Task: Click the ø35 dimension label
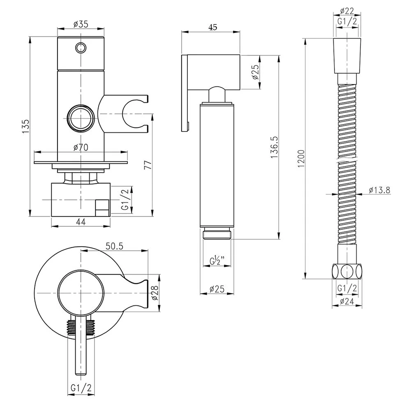(x=81, y=24)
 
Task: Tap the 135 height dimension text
(x=25, y=126)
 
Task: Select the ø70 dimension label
(x=81, y=147)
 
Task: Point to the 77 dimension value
(x=148, y=165)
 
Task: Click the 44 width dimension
(x=81, y=222)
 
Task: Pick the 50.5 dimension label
(x=115, y=246)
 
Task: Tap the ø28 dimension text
(x=155, y=293)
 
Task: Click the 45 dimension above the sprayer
(x=213, y=27)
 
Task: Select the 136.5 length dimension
(x=275, y=147)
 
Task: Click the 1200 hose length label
(x=301, y=159)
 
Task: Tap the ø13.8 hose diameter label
(x=379, y=190)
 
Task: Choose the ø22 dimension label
(x=347, y=11)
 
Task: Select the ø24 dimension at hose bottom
(x=347, y=301)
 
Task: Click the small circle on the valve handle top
(x=81, y=48)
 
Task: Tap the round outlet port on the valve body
(x=81, y=118)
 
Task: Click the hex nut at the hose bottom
(x=347, y=271)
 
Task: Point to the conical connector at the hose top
(x=347, y=56)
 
